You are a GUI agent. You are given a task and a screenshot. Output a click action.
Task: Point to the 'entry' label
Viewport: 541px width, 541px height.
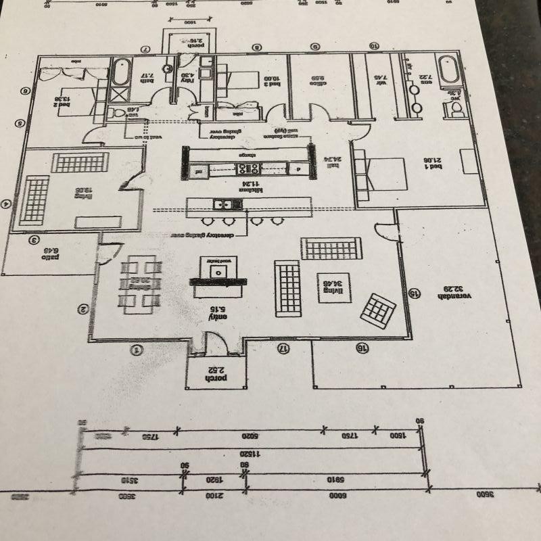218,314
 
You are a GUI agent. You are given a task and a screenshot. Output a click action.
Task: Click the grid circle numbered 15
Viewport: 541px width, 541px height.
415,293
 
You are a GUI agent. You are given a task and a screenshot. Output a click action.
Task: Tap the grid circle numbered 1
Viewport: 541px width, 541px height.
136,350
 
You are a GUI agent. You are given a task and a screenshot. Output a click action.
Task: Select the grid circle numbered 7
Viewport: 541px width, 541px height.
144,49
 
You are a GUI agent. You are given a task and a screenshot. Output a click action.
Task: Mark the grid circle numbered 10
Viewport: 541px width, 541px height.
374,46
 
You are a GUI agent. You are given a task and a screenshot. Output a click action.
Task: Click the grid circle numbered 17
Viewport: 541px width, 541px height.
283,348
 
